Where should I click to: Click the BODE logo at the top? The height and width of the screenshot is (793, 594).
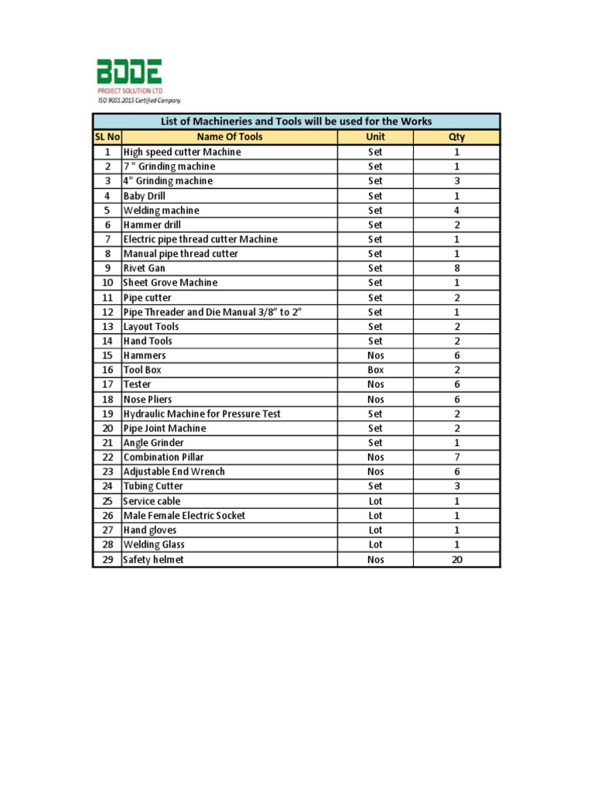(x=129, y=75)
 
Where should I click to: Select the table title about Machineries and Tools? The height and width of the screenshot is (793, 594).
(x=296, y=122)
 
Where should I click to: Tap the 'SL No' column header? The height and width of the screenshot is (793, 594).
(x=107, y=137)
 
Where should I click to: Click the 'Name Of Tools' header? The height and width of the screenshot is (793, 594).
(x=230, y=137)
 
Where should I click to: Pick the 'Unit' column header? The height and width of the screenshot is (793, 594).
(x=375, y=137)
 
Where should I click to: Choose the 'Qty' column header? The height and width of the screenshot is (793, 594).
(x=456, y=137)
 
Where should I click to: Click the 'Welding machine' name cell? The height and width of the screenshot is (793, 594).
(x=161, y=210)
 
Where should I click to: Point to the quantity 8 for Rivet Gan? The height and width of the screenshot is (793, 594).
(x=456, y=268)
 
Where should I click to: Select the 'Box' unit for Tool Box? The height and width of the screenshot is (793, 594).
(x=375, y=370)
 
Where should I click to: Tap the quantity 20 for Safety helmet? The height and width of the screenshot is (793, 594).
(x=456, y=559)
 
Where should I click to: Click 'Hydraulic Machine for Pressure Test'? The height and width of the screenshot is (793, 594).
(x=202, y=414)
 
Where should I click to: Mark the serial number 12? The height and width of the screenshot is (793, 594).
(x=107, y=312)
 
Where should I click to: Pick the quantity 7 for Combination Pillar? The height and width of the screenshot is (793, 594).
(x=456, y=457)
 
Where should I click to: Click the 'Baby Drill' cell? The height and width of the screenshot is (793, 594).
(x=145, y=196)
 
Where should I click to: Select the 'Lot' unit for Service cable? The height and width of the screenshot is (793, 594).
(x=375, y=501)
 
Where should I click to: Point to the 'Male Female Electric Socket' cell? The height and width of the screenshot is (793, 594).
(x=184, y=516)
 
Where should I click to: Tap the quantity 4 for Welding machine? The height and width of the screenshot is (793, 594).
(x=456, y=210)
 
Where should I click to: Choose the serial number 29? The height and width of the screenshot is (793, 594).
(x=107, y=559)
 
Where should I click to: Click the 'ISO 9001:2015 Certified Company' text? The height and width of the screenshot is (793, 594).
(x=138, y=101)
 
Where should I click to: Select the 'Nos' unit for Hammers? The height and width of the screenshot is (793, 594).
(x=375, y=355)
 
